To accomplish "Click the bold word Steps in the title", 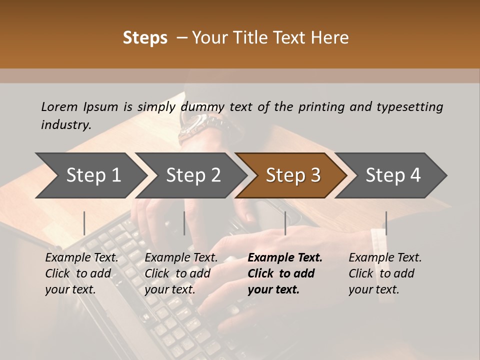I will [x=145, y=38].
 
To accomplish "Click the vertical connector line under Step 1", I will [x=84, y=223].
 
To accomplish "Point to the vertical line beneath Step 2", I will [x=184, y=223].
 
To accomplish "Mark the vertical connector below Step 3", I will [x=285, y=223].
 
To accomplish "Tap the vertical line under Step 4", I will [x=386, y=223].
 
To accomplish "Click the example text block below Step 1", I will [x=81, y=273].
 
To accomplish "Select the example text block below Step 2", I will [x=181, y=273].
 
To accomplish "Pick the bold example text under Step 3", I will [x=284, y=273].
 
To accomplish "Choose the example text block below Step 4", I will [x=385, y=273].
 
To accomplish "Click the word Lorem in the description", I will [x=59, y=106].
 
